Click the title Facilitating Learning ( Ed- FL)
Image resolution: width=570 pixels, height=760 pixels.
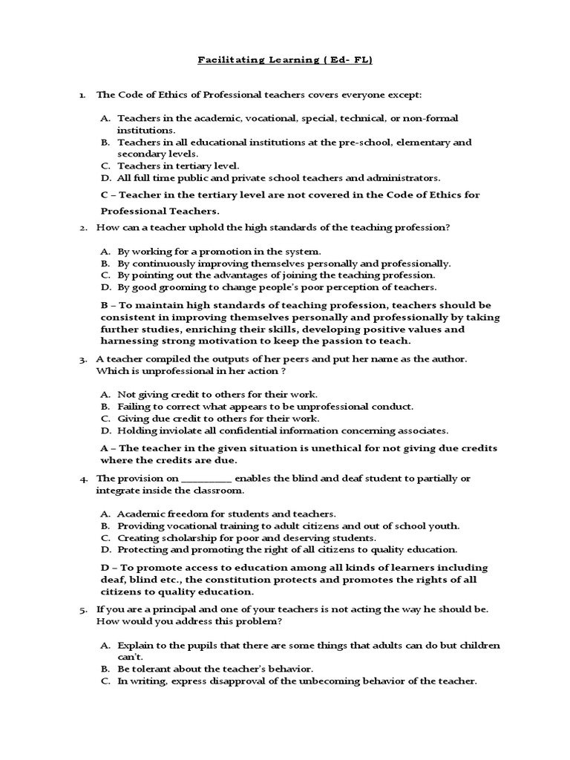284,61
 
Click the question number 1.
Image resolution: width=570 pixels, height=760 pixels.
82,95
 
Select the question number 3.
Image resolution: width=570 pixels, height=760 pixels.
82,358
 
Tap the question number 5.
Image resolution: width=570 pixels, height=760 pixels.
82,609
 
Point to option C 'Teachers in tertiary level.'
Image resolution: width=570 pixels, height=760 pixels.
178,166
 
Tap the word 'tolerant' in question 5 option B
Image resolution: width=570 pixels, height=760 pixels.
154,669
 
